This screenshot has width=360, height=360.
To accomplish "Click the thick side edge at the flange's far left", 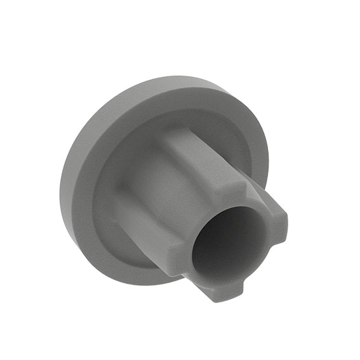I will point(67,184).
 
